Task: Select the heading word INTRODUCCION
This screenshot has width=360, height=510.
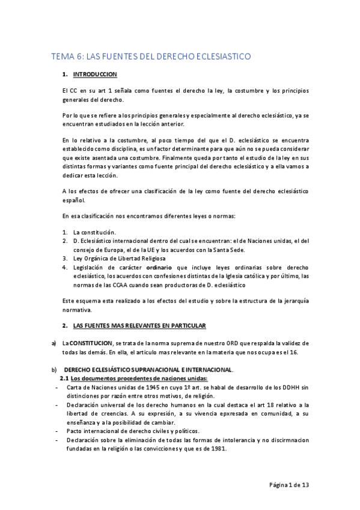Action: point(95,75)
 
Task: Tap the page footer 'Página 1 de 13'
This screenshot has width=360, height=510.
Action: point(288,485)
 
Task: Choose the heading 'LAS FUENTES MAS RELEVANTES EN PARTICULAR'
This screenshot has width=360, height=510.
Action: point(139,325)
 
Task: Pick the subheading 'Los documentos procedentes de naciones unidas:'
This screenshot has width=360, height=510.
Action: point(139,378)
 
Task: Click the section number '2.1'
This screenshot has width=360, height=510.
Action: point(64,378)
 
